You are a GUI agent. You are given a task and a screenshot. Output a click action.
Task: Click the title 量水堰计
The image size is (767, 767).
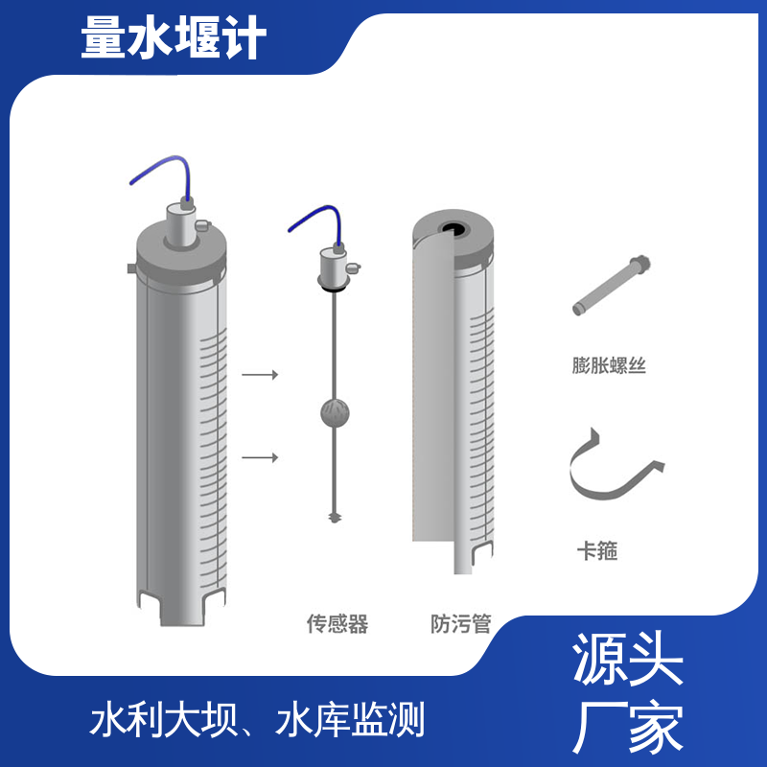(174, 37)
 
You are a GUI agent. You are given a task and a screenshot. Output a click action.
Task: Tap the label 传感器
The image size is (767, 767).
(337, 624)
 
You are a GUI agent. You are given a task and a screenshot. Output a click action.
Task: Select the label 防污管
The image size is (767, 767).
(461, 624)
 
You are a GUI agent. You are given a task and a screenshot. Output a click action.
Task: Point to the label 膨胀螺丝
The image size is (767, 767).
(609, 365)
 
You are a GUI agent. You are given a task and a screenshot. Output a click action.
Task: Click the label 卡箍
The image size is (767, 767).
(597, 550)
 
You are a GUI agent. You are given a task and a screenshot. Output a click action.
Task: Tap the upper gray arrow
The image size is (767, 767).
(260, 375)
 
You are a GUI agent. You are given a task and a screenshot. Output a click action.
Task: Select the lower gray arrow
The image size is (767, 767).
(260, 458)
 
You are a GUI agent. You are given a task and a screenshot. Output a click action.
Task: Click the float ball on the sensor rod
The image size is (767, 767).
(335, 413)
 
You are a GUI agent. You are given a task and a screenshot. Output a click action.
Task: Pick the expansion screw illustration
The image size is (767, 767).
(612, 285)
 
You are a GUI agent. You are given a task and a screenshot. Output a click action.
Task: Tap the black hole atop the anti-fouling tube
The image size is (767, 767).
(453, 229)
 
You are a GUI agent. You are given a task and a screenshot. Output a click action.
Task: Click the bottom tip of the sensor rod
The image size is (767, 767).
(335, 522)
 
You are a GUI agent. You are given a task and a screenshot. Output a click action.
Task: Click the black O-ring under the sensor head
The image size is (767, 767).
(333, 290)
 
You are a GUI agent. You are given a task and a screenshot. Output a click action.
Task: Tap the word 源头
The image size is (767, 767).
(628, 659)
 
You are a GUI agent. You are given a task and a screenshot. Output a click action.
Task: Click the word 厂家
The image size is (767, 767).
(628, 728)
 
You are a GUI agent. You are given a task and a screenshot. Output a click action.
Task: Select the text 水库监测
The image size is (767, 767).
(350, 719)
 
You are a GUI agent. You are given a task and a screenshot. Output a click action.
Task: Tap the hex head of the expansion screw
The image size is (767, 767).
(640, 264)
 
